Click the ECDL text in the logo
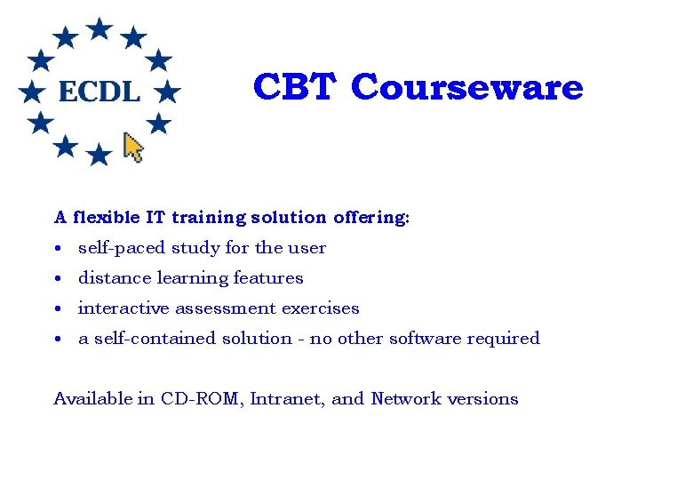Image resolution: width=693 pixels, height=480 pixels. click(x=99, y=91)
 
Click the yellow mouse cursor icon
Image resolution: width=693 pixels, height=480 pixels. click(x=133, y=147)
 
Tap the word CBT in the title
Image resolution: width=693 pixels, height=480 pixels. click(x=295, y=87)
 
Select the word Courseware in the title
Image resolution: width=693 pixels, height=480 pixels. click(x=467, y=87)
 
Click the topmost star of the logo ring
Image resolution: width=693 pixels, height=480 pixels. click(x=100, y=28)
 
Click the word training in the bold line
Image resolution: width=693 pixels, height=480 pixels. click(x=209, y=217)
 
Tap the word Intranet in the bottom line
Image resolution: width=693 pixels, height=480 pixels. click(x=288, y=399)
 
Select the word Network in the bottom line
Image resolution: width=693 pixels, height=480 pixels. click(x=404, y=399)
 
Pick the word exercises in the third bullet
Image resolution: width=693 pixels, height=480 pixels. click(x=321, y=308)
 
